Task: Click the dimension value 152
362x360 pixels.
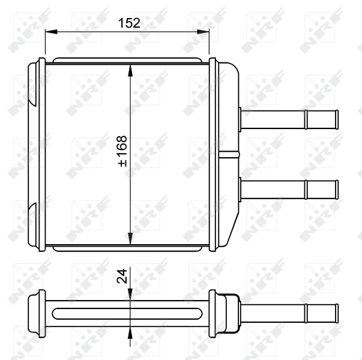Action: [129, 23]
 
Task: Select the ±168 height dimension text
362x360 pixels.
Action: [123, 151]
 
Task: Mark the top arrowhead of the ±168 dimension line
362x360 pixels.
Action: [131, 70]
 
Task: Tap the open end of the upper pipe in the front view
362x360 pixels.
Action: [337, 119]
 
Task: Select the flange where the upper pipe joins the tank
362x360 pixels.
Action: [240, 119]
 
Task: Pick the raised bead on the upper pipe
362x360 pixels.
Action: [307, 119]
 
